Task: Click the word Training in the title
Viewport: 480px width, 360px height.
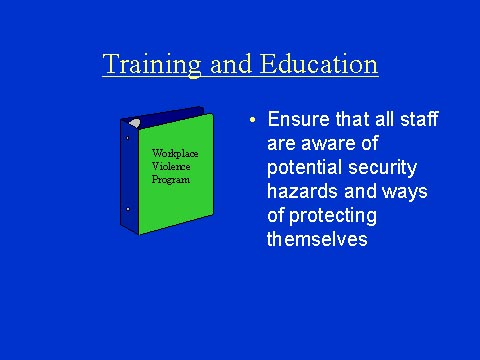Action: [153, 66]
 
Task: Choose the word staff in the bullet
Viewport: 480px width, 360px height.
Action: [417, 121]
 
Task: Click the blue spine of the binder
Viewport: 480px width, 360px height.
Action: [128, 175]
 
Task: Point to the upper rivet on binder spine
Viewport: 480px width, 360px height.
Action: [127, 138]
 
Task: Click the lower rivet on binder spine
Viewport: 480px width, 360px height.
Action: [128, 208]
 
